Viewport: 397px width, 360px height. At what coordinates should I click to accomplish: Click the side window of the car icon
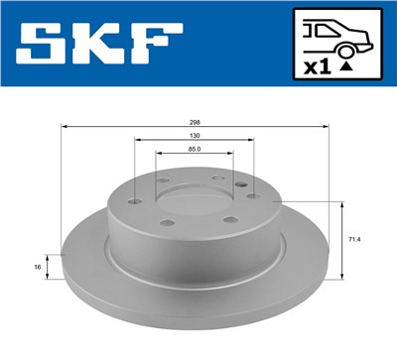324,30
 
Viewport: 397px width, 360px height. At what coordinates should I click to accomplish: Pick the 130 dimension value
194,136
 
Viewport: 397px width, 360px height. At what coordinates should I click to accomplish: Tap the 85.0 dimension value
194,151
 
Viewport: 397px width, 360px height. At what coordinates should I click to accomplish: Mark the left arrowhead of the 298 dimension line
65,127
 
